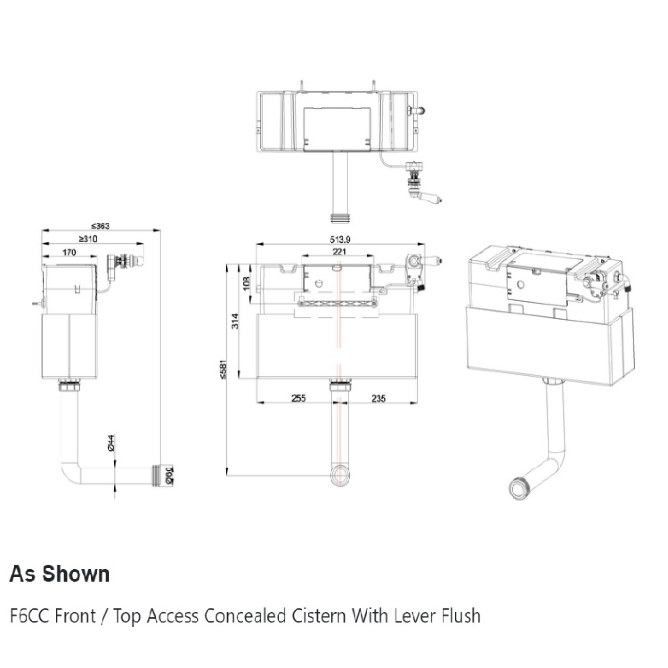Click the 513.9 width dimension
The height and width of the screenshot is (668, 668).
point(340,239)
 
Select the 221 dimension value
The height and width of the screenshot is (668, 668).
point(339,252)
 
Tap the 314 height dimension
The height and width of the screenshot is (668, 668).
point(235,321)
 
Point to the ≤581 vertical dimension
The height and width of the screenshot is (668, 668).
point(224,370)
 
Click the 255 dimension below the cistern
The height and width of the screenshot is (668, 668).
point(298,399)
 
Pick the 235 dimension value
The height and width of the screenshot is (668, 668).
point(379,399)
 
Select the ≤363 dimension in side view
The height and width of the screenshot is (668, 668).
point(100,226)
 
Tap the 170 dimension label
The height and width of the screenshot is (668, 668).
point(69,252)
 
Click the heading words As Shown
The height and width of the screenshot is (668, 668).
point(59,574)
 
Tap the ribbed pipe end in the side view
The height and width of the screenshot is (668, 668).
point(159,476)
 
